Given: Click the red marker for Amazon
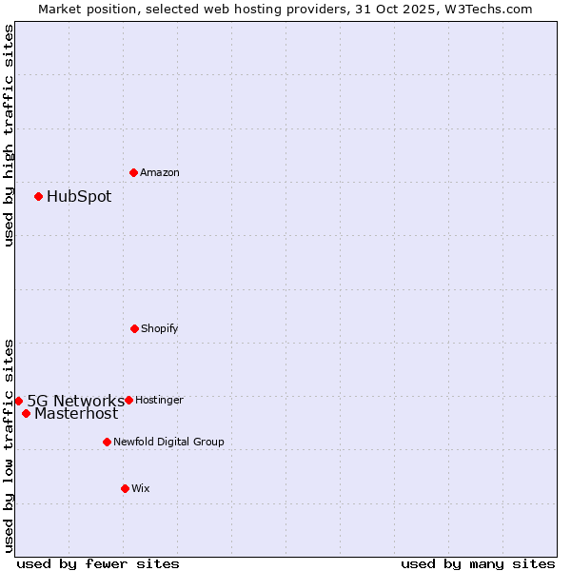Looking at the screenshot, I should (133, 172).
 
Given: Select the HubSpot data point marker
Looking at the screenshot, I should (38, 196).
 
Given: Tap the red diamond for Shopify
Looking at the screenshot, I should (134, 328).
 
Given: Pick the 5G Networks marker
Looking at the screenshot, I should (18, 401).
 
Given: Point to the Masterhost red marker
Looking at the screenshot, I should (26, 413).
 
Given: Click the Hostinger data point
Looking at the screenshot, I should (128, 400).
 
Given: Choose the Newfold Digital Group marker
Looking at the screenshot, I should (107, 442).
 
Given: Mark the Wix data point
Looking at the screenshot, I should (125, 488).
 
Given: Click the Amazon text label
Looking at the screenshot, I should (160, 172).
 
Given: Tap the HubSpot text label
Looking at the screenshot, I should (79, 196).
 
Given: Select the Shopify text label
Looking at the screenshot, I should (160, 328).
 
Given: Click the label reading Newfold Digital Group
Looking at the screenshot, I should (168, 442).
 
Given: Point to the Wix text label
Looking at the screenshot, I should (141, 488).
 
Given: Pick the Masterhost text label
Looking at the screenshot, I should (76, 413).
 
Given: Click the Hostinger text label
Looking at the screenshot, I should (159, 400).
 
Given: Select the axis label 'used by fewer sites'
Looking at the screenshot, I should (98, 563).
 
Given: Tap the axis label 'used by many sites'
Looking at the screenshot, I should (478, 563).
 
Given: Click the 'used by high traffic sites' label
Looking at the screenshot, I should (9, 135).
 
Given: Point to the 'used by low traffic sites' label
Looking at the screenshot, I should (9, 445).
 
